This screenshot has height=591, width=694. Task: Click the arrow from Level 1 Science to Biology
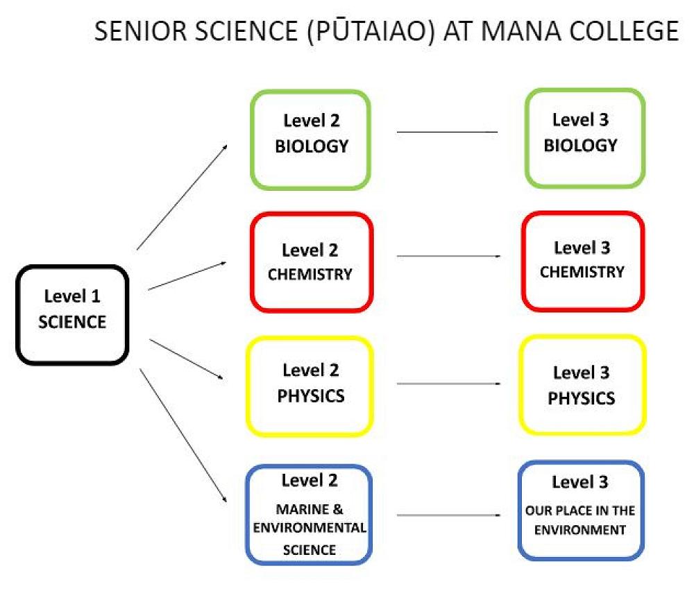click(182, 197)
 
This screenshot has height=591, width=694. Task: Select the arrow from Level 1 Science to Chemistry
click(187, 276)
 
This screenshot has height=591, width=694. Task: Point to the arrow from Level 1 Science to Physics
click(186, 359)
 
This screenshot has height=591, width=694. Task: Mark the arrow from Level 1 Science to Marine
click(183, 436)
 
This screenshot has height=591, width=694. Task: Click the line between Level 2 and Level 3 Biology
click(447, 132)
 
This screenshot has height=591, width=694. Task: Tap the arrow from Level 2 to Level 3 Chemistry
click(448, 256)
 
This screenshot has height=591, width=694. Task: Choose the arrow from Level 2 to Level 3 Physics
click(448, 384)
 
